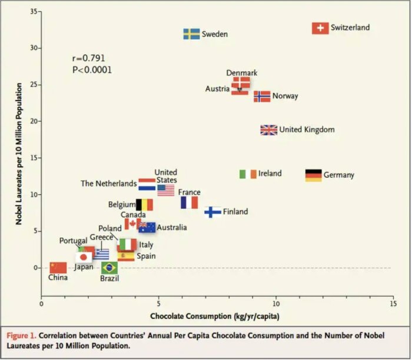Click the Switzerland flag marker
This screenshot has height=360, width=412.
(x=320, y=28)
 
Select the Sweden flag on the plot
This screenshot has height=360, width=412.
(x=191, y=34)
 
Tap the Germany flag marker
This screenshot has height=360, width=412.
(x=314, y=175)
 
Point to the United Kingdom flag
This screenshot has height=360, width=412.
(x=269, y=130)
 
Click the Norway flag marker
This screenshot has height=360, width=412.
(x=262, y=96)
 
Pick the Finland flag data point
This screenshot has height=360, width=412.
(x=212, y=212)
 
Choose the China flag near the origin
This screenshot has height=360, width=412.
(x=58, y=268)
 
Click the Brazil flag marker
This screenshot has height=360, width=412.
(x=109, y=268)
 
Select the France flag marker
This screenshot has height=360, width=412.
(x=189, y=202)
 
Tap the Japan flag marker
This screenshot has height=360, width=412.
(x=84, y=257)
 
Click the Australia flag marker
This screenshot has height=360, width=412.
(x=147, y=227)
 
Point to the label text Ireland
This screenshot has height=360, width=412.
(x=270, y=174)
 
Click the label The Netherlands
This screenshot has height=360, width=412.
(x=108, y=184)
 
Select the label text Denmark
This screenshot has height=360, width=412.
(x=242, y=73)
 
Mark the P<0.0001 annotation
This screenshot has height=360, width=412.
(x=92, y=70)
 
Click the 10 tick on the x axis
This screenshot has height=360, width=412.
(x=275, y=304)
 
